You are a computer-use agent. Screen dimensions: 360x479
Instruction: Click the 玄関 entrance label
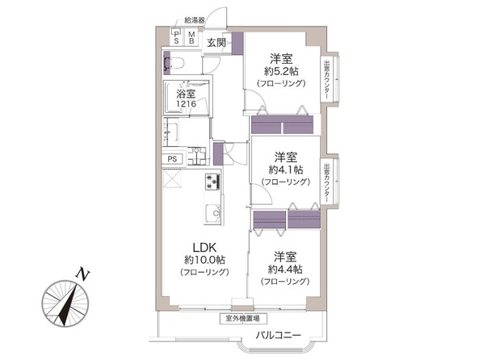[x=216, y=42]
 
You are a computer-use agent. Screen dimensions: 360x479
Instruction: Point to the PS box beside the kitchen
[x=172, y=159]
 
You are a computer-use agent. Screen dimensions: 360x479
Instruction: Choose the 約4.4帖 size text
[x=285, y=269]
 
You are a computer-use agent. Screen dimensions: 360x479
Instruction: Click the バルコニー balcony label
[x=279, y=334]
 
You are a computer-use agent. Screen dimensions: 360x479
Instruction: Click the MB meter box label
[x=191, y=37]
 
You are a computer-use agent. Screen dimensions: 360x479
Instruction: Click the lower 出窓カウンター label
[x=326, y=182]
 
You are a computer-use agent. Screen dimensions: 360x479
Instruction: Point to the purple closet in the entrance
[x=237, y=43]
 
